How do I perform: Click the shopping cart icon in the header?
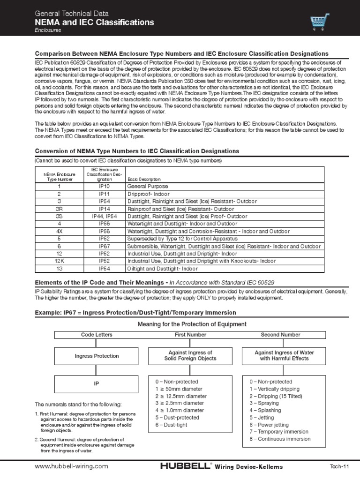pyautogui.click(x=320, y=22)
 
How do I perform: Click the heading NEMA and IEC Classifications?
pyautogui.click(x=94, y=22)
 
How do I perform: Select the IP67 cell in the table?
pyautogui.click(x=105, y=246)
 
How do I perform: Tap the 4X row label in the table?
pyautogui.click(x=59, y=231)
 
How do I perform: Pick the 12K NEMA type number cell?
pyautogui.click(x=59, y=261)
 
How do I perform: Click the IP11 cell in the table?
pyautogui.click(x=105, y=194)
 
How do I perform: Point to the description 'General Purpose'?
pyautogui.click(x=148, y=186)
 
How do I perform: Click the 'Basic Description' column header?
pyautogui.click(x=144, y=179)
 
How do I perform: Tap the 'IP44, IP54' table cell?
pyautogui.click(x=105, y=216)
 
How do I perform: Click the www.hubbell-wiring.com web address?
pyautogui.click(x=72, y=466)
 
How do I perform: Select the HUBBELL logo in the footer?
pyautogui.click(x=186, y=466)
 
